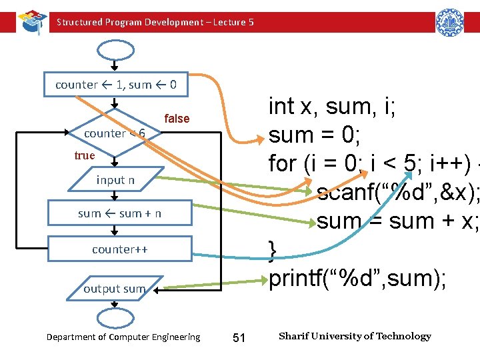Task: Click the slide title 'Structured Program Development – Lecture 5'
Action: [155, 22]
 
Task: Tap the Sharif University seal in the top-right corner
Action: [449, 22]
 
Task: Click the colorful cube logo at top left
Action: [31, 21]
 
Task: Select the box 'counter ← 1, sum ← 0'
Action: [116, 85]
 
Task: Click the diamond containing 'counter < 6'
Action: [115, 133]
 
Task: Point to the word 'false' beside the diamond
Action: [177, 119]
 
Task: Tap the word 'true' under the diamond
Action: [85, 155]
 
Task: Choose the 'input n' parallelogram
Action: [115, 180]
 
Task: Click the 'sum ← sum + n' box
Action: [119, 213]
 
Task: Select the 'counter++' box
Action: [119, 249]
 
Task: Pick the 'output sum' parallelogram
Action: [114, 289]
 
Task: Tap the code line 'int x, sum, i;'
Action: [331, 106]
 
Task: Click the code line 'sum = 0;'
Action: [315, 135]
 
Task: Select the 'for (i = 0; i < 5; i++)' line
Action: [370, 163]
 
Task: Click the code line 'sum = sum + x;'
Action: [397, 221]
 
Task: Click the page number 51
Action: [239, 338]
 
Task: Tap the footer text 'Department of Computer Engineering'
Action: [123, 337]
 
